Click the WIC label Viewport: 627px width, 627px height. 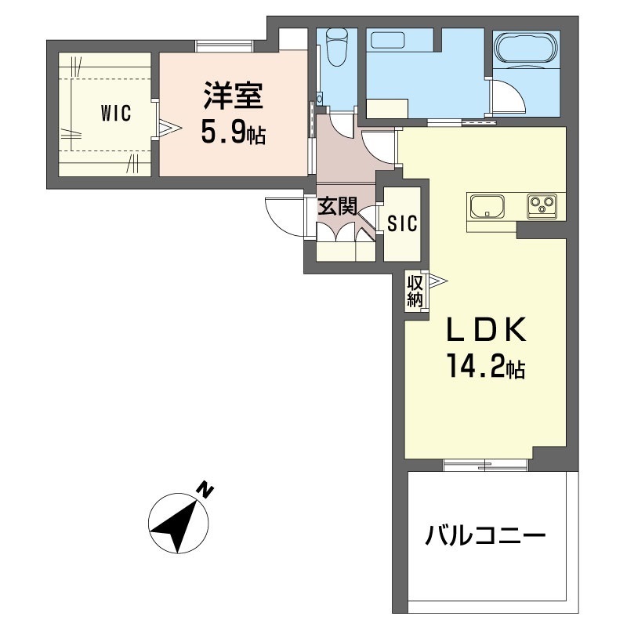[x=115, y=113]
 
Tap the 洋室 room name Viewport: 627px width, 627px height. [x=232, y=98]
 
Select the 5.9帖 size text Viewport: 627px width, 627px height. [x=232, y=132]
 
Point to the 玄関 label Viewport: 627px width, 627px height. [x=338, y=207]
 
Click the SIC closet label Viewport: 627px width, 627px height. [x=403, y=223]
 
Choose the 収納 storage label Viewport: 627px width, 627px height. [x=415, y=290]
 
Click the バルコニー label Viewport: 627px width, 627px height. [x=485, y=538]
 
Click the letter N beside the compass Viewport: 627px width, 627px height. [x=205, y=491]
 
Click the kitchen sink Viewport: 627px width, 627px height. [x=488, y=208]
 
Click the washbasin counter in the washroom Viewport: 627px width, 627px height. [x=388, y=107]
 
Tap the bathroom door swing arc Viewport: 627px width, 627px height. [x=506, y=95]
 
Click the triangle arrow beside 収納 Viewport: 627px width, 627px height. [x=435, y=280]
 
